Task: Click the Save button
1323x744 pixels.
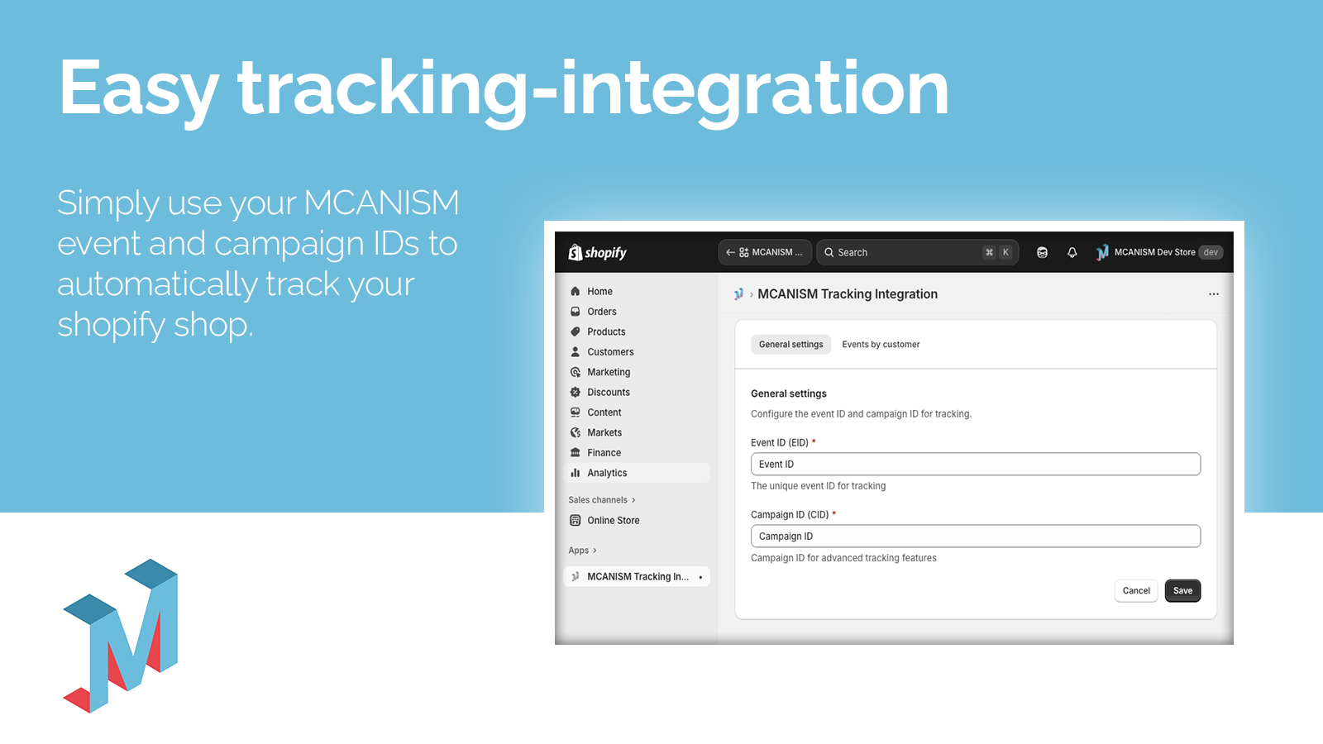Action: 1182,590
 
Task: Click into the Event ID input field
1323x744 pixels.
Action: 975,464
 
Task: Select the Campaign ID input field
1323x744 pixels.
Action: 975,536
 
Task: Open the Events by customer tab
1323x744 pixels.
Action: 881,345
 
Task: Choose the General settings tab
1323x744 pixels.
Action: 790,345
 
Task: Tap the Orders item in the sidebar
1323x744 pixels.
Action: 601,312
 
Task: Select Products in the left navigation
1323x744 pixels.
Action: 606,331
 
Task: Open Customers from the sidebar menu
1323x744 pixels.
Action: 610,352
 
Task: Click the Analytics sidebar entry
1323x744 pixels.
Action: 607,473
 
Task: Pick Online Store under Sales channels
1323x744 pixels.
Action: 613,520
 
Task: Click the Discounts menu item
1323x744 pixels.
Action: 608,393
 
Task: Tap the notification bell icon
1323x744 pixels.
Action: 1072,252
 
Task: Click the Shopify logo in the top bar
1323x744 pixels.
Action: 597,252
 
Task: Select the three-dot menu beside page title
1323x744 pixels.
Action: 1213,294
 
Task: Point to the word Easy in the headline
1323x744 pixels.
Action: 139,89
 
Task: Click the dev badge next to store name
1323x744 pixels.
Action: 1211,252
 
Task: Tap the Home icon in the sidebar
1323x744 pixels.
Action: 576,292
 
